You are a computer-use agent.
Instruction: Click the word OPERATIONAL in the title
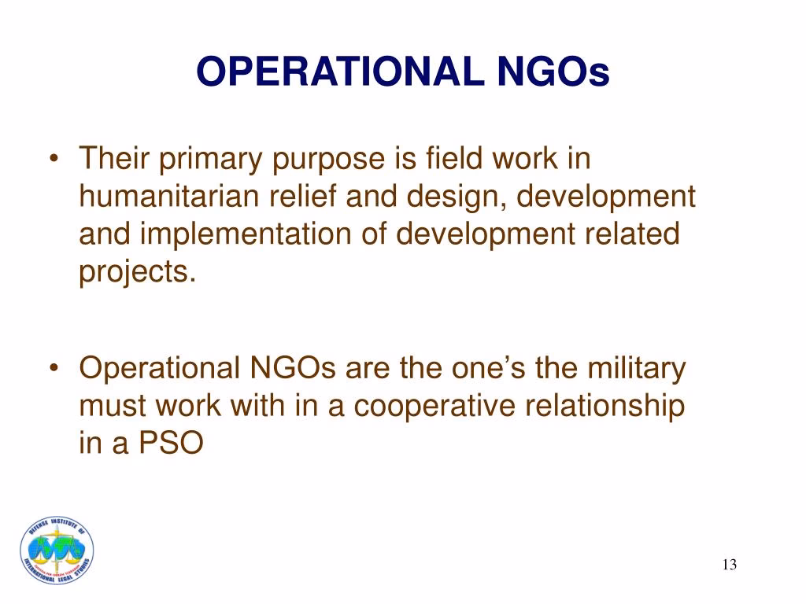[x=340, y=72]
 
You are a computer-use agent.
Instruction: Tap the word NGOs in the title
[x=553, y=72]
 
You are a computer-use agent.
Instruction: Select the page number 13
[x=730, y=565]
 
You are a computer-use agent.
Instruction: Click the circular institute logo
[x=57, y=550]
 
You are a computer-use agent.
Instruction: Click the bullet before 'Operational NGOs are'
[x=54, y=368]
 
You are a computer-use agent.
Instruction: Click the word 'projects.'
[x=137, y=272]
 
